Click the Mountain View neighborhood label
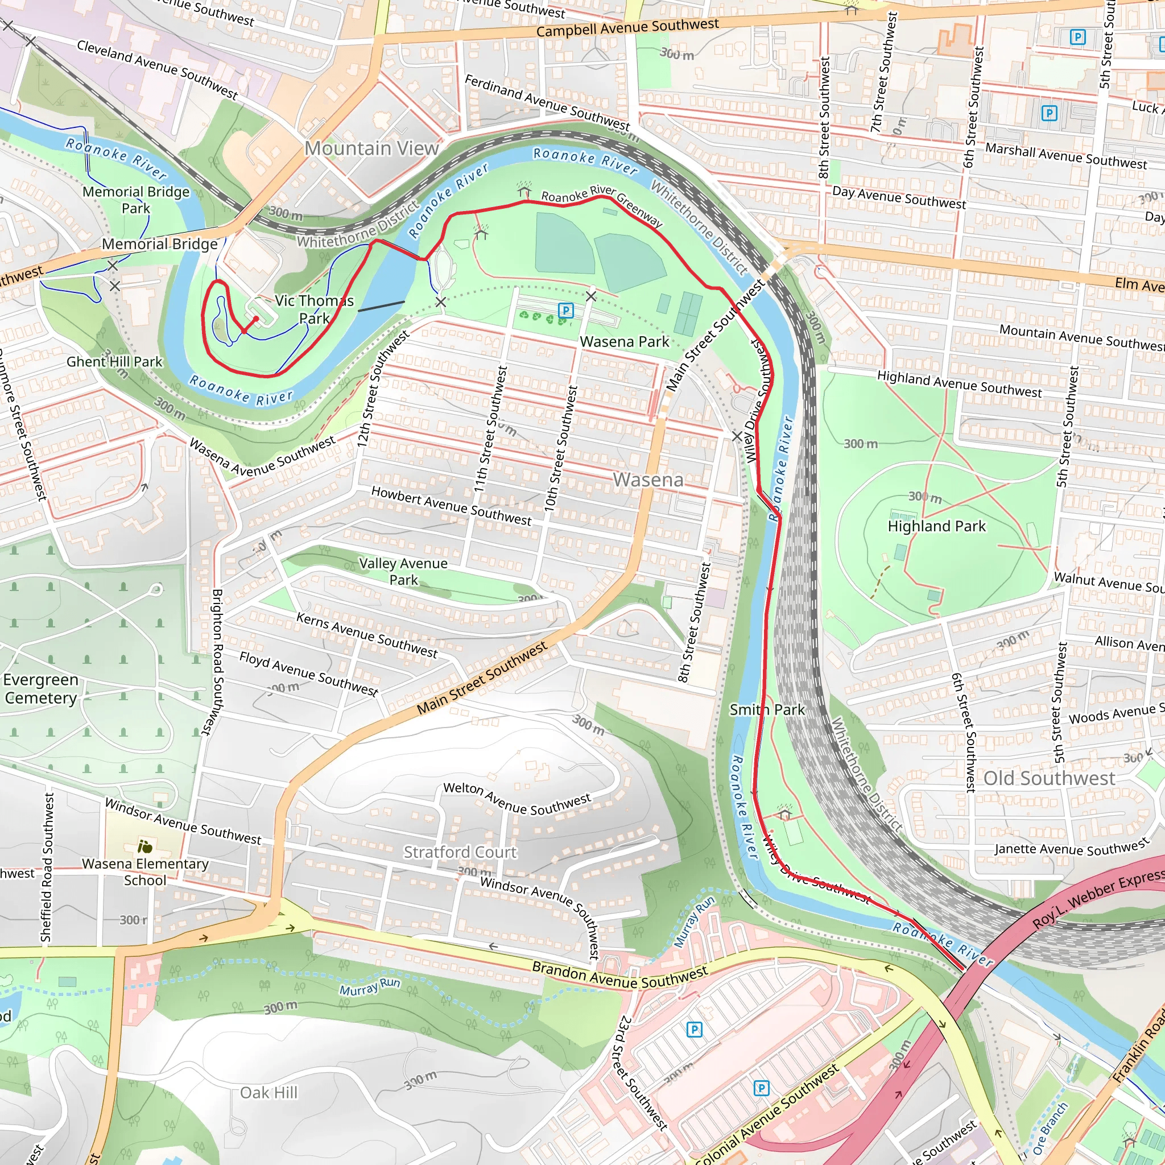pyautogui.click(x=371, y=148)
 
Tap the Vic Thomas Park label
pyautogui.click(x=314, y=309)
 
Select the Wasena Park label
pyautogui.click(x=624, y=342)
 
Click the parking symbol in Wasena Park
pyautogui.click(x=565, y=311)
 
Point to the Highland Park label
pyautogui.click(x=936, y=526)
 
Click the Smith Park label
pyautogui.click(x=767, y=710)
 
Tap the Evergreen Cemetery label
pyautogui.click(x=40, y=689)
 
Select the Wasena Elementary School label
pyautogui.click(x=144, y=872)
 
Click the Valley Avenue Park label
pyautogui.click(x=403, y=572)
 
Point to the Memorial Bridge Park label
pyautogui.click(x=136, y=200)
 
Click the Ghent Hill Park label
pyautogui.click(x=114, y=362)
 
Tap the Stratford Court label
pyautogui.click(x=460, y=852)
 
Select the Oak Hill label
pyautogui.click(x=269, y=1093)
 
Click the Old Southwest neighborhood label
pyautogui.click(x=1049, y=779)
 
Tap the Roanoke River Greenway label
pyautogui.click(x=602, y=205)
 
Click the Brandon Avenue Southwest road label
pyautogui.click(x=619, y=976)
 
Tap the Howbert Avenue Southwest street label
pyautogui.click(x=451, y=506)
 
